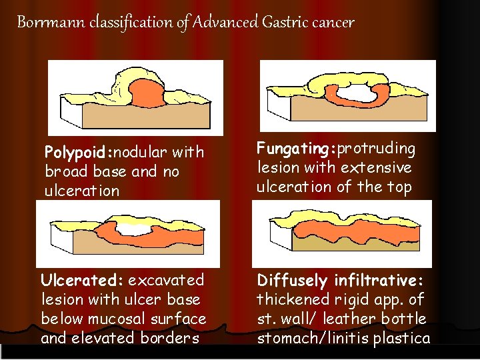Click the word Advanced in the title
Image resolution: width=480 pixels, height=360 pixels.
coord(225,23)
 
